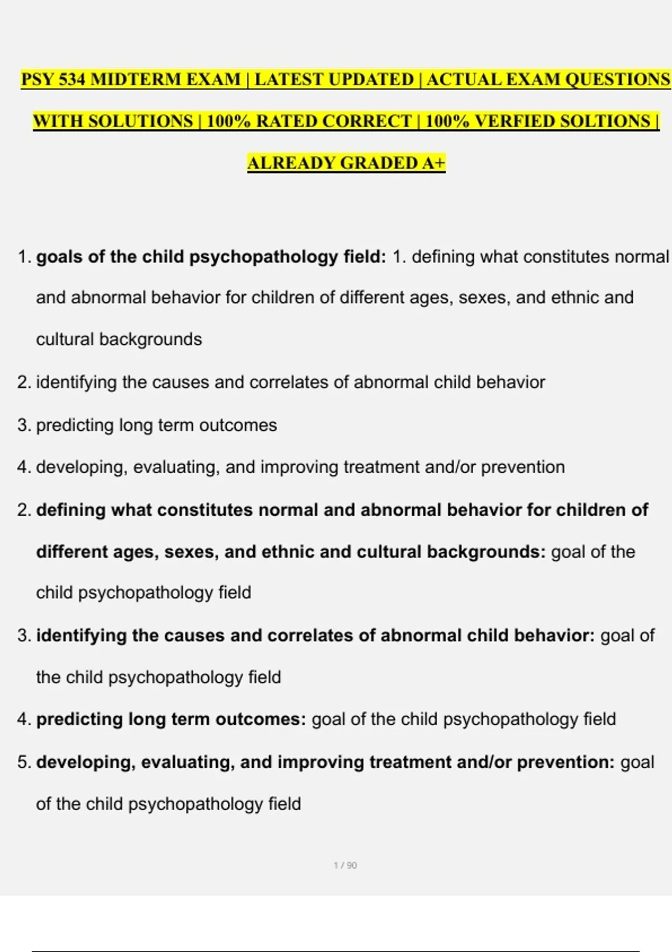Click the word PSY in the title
pyautogui.click(x=37, y=80)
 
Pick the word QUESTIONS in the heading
pyautogui.click(x=617, y=80)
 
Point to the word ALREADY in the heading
pyautogui.click(x=291, y=164)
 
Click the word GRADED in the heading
pyautogui.click(x=378, y=164)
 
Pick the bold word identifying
pyautogui.click(x=81, y=636)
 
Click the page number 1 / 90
pyautogui.click(x=345, y=865)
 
